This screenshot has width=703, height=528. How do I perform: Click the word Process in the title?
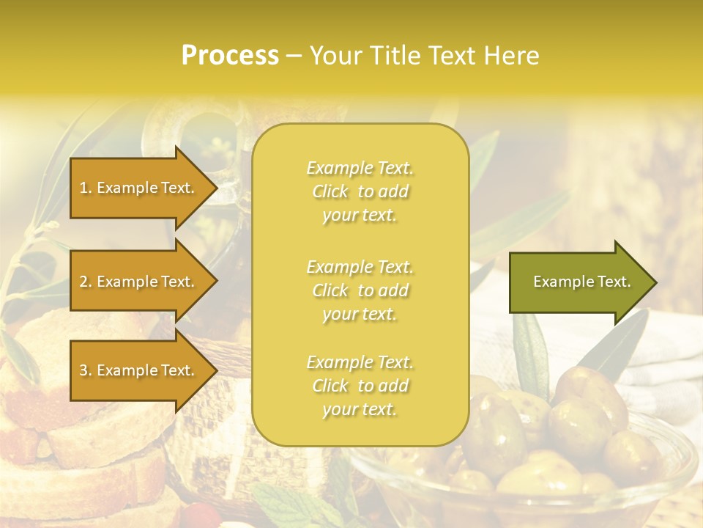[230, 56]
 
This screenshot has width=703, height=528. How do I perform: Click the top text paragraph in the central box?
[360, 191]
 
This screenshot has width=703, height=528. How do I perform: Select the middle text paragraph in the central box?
[360, 290]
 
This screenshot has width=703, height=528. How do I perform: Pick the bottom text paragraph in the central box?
[360, 386]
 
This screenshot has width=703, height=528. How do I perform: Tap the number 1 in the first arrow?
[83, 188]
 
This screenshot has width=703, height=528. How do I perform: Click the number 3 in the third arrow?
[83, 370]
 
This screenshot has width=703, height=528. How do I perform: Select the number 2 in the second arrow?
[83, 282]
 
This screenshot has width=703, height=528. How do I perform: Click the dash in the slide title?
[294, 56]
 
